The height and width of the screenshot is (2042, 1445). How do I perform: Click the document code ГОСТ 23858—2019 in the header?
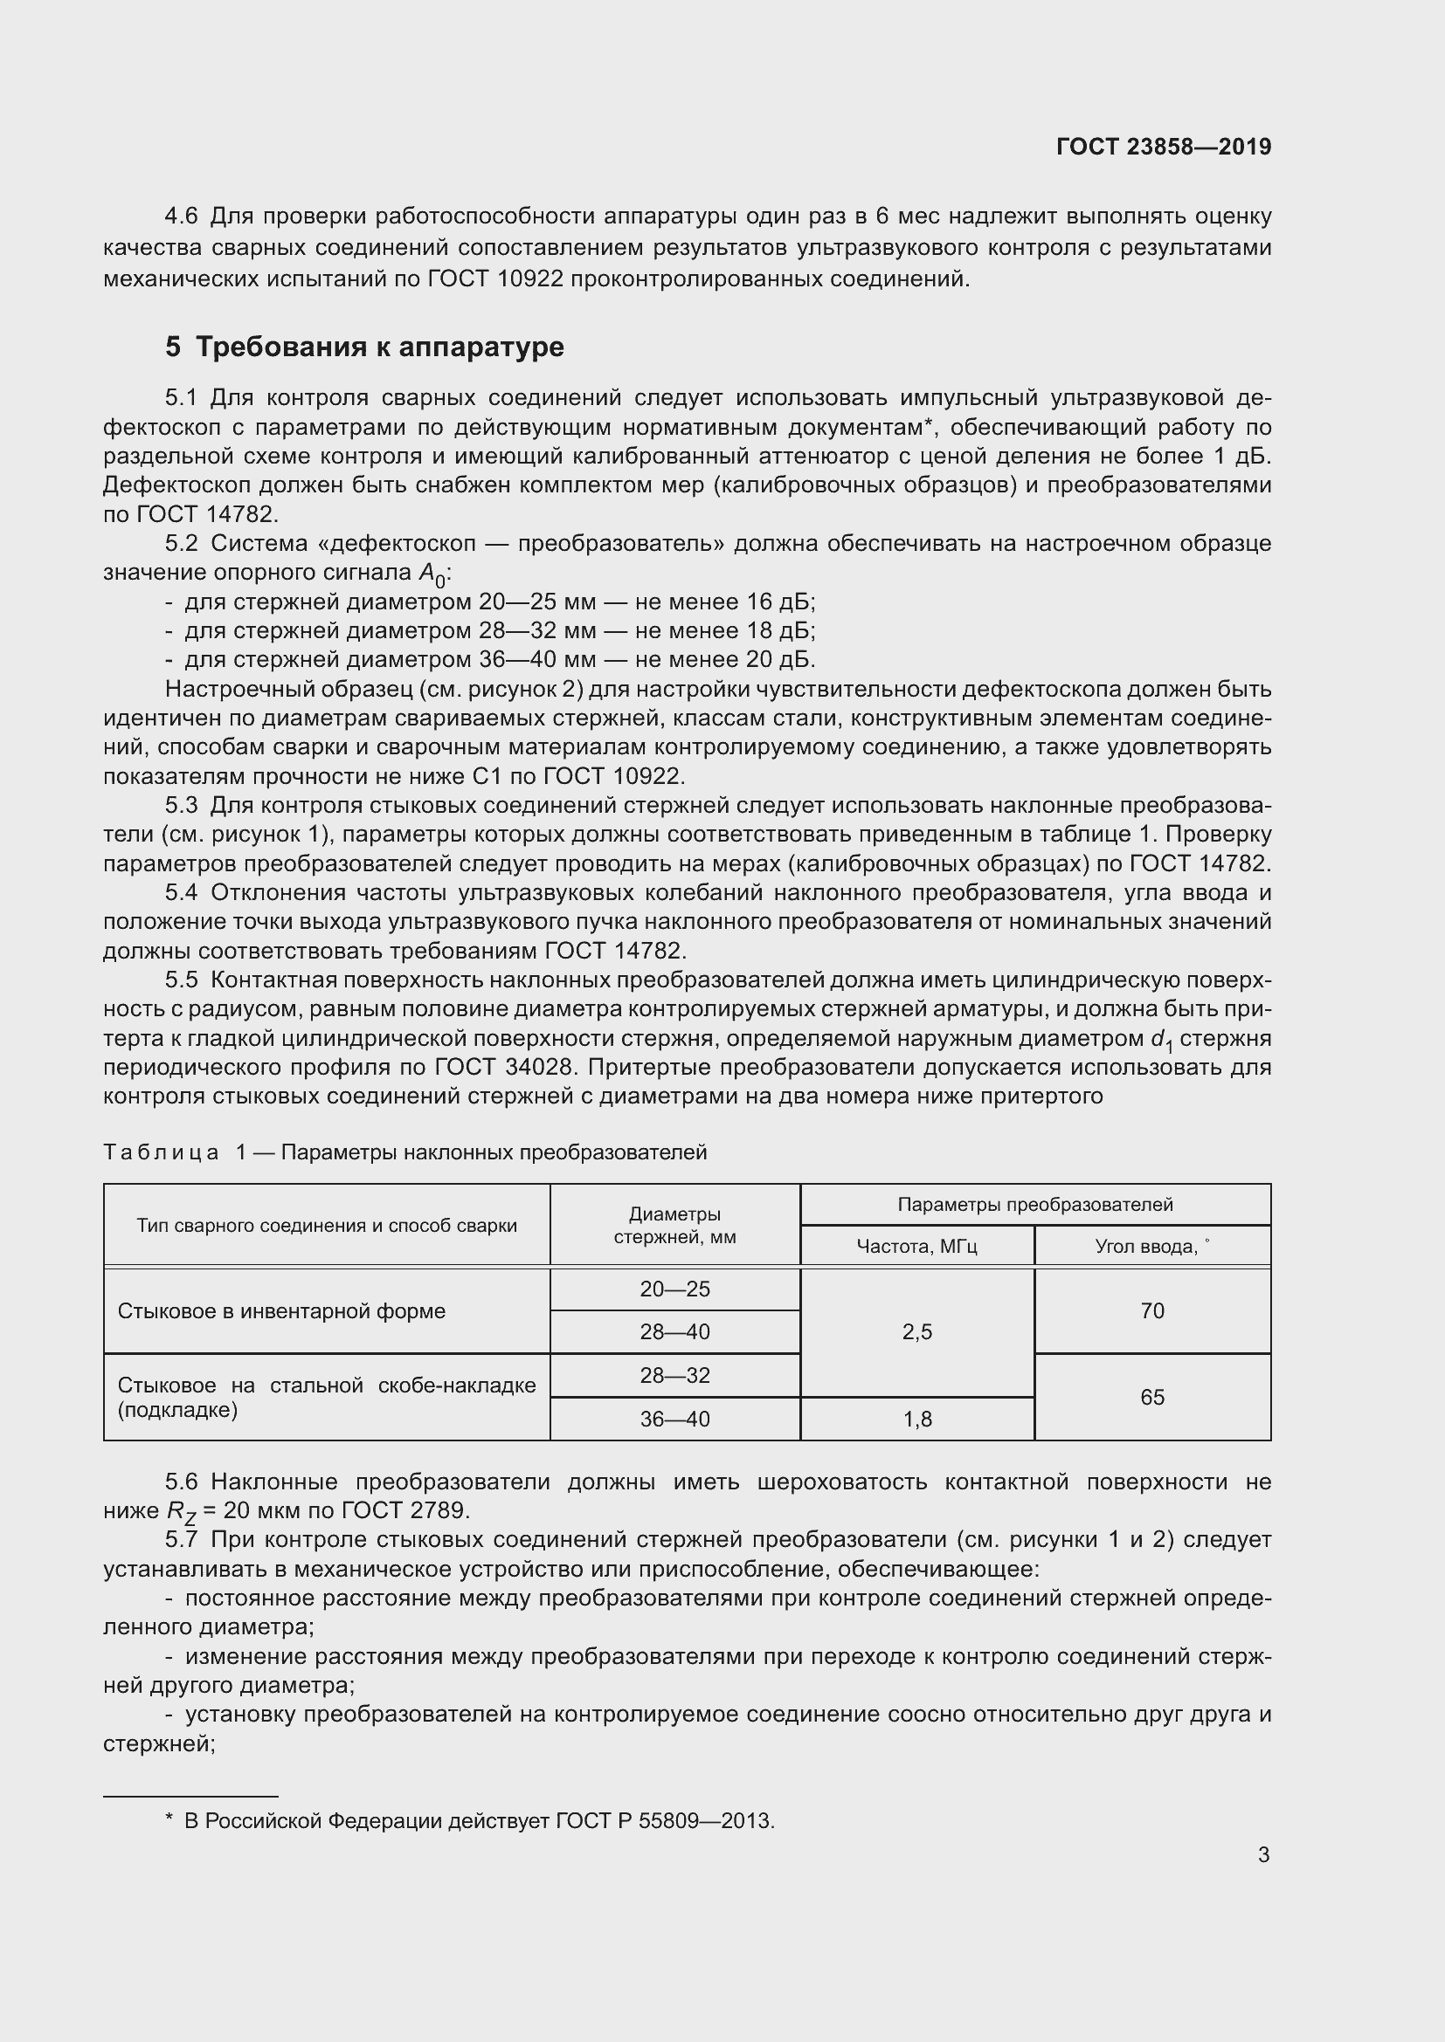click(x=1163, y=147)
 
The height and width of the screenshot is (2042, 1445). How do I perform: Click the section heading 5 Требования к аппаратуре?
click(x=364, y=347)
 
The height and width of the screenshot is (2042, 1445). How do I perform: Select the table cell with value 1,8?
click(x=917, y=1420)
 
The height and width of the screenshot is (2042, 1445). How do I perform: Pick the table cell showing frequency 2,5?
click(x=917, y=1332)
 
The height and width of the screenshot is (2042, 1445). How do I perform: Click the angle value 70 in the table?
click(x=1152, y=1311)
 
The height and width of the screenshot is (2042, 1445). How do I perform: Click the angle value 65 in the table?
click(x=1152, y=1397)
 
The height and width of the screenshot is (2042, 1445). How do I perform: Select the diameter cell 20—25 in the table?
click(x=674, y=1289)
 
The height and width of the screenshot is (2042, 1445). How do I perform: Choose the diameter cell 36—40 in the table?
click(x=674, y=1420)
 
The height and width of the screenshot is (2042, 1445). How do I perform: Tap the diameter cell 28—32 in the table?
click(x=674, y=1376)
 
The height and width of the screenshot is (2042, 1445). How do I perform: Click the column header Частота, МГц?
click(x=916, y=1247)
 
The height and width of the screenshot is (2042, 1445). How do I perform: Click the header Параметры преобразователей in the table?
click(x=1034, y=1205)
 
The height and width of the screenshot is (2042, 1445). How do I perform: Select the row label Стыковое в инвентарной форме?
click(x=281, y=1312)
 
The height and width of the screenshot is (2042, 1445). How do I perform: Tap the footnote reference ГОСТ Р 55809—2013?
click(x=665, y=1821)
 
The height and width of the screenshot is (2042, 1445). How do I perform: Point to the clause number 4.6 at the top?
click(x=181, y=217)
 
